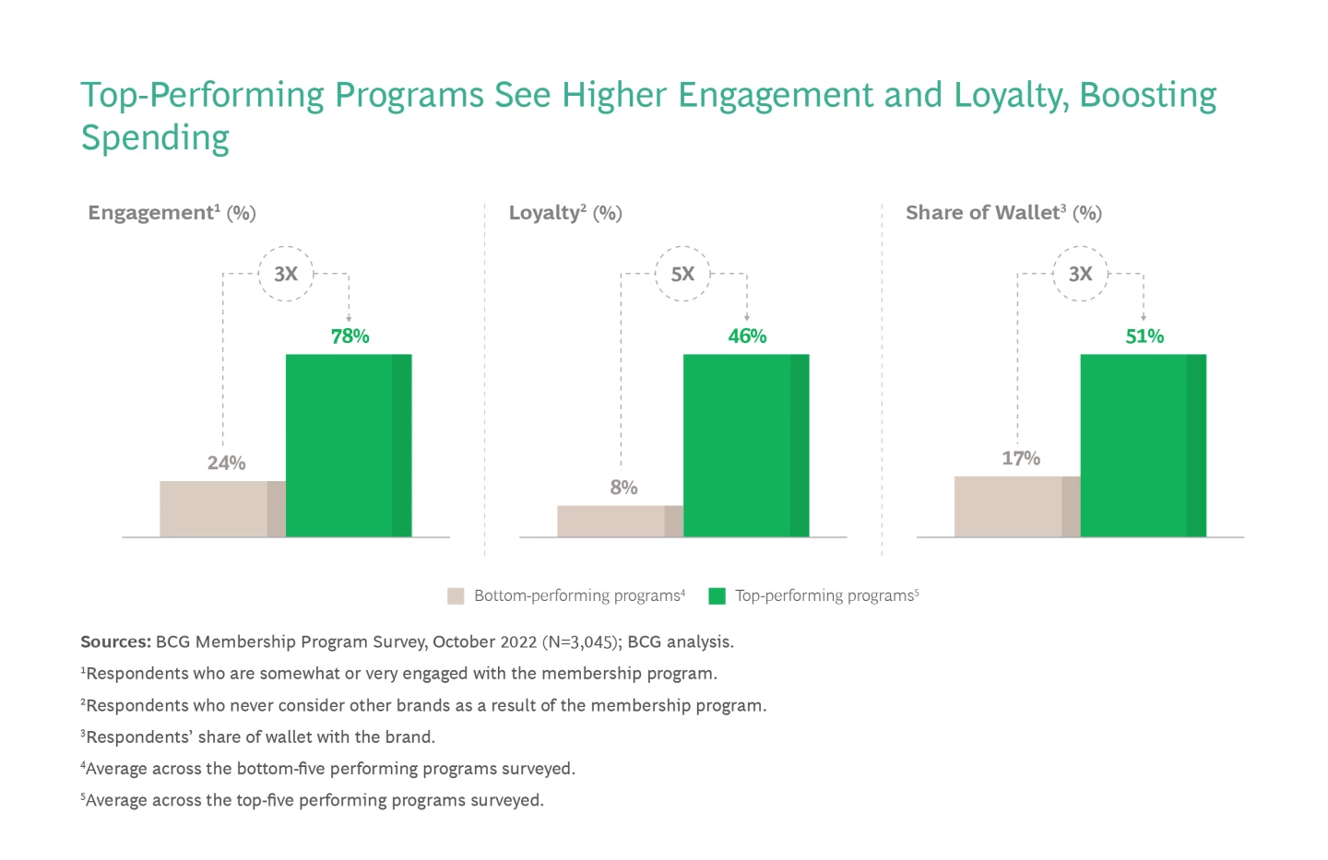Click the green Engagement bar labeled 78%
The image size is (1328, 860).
click(x=349, y=445)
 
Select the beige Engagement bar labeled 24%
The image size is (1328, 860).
click(x=222, y=509)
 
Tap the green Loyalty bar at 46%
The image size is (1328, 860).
click(x=746, y=445)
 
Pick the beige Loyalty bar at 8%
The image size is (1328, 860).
click(x=620, y=521)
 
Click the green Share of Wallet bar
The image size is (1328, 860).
click(x=1143, y=445)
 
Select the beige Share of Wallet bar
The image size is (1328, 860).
click(x=1016, y=506)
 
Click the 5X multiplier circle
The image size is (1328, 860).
click(x=682, y=274)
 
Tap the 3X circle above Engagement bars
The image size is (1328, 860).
click(x=286, y=274)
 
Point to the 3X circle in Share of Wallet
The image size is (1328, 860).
click(x=1080, y=274)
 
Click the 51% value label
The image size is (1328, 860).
click(x=1144, y=336)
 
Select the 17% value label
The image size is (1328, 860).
click(x=1021, y=458)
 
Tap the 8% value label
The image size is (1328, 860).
click(x=623, y=487)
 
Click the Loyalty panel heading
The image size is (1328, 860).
click(x=565, y=213)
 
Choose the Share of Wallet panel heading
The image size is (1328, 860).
click(x=1003, y=213)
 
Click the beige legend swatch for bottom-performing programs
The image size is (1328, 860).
click(x=456, y=595)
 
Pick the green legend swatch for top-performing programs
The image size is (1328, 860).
click(x=717, y=595)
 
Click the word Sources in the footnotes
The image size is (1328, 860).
click(x=115, y=642)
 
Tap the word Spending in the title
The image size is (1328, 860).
click(x=155, y=138)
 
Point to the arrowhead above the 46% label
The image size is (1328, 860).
click(x=746, y=318)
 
